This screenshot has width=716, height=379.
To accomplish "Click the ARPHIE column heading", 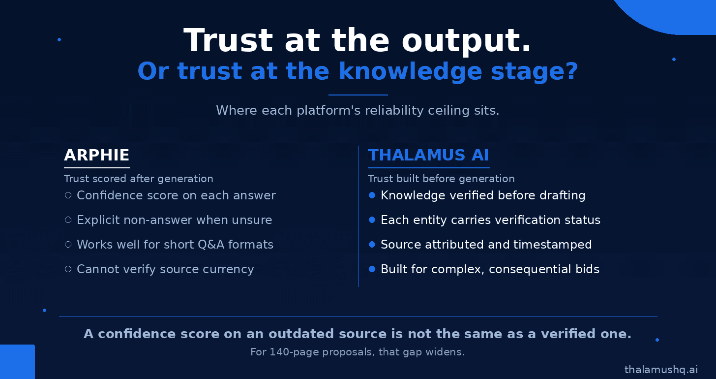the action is coord(96,156).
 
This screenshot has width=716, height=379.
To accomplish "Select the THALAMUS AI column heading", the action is coord(428,156).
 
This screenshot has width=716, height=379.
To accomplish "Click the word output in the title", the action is coord(466,41).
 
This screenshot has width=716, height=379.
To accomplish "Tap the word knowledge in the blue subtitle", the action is coord(410,71).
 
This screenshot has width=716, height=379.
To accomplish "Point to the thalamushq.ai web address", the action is coord(661,370).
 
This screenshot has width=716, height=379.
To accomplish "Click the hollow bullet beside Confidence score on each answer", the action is coord(68,195).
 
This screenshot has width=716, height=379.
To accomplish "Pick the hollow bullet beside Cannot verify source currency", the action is coord(68,269).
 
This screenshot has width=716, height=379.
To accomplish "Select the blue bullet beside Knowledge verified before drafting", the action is coord(372,195).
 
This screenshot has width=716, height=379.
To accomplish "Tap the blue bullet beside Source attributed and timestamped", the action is coord(372,245).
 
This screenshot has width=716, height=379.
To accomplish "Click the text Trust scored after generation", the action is coord(138,179).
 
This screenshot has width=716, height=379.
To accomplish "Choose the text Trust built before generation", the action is coord(441,179).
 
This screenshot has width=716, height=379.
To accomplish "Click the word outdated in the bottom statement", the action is coord(301,334).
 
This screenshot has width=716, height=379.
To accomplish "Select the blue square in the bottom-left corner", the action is coord(17,362).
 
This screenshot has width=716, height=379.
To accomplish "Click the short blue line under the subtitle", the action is coord(358,95).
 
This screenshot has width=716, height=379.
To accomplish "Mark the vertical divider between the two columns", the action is coord(358,216).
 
